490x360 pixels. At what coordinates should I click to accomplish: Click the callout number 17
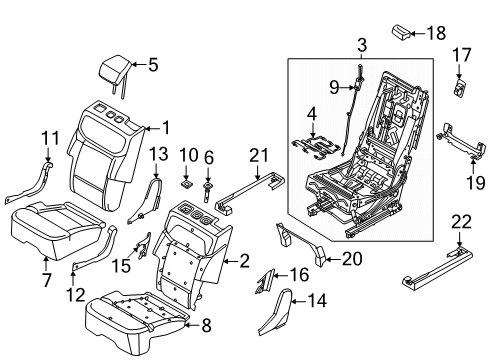[x=463, y=54]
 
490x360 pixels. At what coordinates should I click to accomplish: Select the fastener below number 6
[x=208, y=185]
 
